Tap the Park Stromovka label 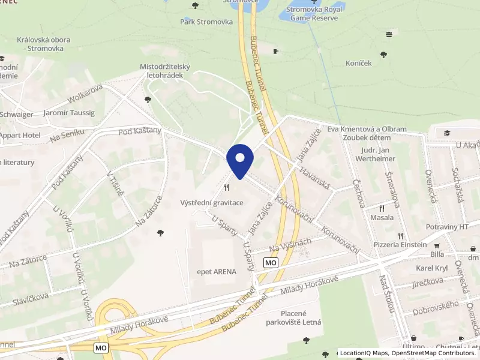click(206, 22)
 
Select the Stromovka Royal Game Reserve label click(314, 14)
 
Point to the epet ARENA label click(217, 271)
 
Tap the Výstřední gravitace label click(212, 203)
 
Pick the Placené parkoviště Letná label click(293, 318)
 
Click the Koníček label click(359, 62)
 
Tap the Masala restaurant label click(382, 217)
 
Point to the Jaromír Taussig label click(69, 113)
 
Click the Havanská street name click(316, 178)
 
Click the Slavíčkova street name click(29, 293)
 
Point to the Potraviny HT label click(446, 227)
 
